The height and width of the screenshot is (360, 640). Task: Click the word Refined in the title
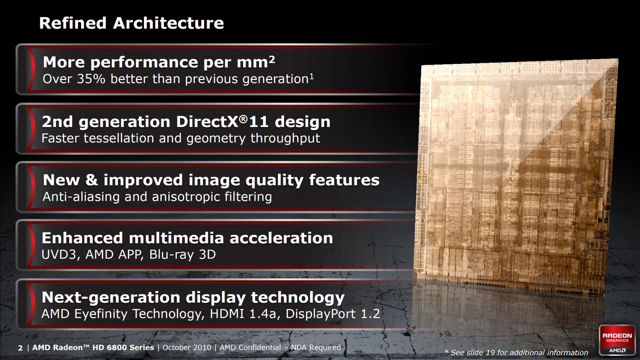pyautogui.click(x=73, y=23)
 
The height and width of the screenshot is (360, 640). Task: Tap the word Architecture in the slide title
pyautogui.click(x=168, y=23)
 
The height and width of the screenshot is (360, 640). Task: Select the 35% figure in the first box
pyautogui.click(x=91, y=79)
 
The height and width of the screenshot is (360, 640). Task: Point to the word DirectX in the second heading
pyautogui.click(x=207, y=121)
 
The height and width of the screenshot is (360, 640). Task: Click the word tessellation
pyautogui.click(x=118, y=138)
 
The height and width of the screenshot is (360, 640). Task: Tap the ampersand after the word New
pyautogui.click(x=91, y=180)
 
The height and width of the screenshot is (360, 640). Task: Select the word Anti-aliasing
pyautogui.click(x=81, y=197)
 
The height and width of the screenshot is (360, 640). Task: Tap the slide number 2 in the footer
pyautogui.click(x=20, y=347)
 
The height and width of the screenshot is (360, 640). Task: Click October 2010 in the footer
pyautogui.click(x=187, y=347)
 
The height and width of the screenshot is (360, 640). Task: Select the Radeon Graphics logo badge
pyautogui.click(x=617, y=340)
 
